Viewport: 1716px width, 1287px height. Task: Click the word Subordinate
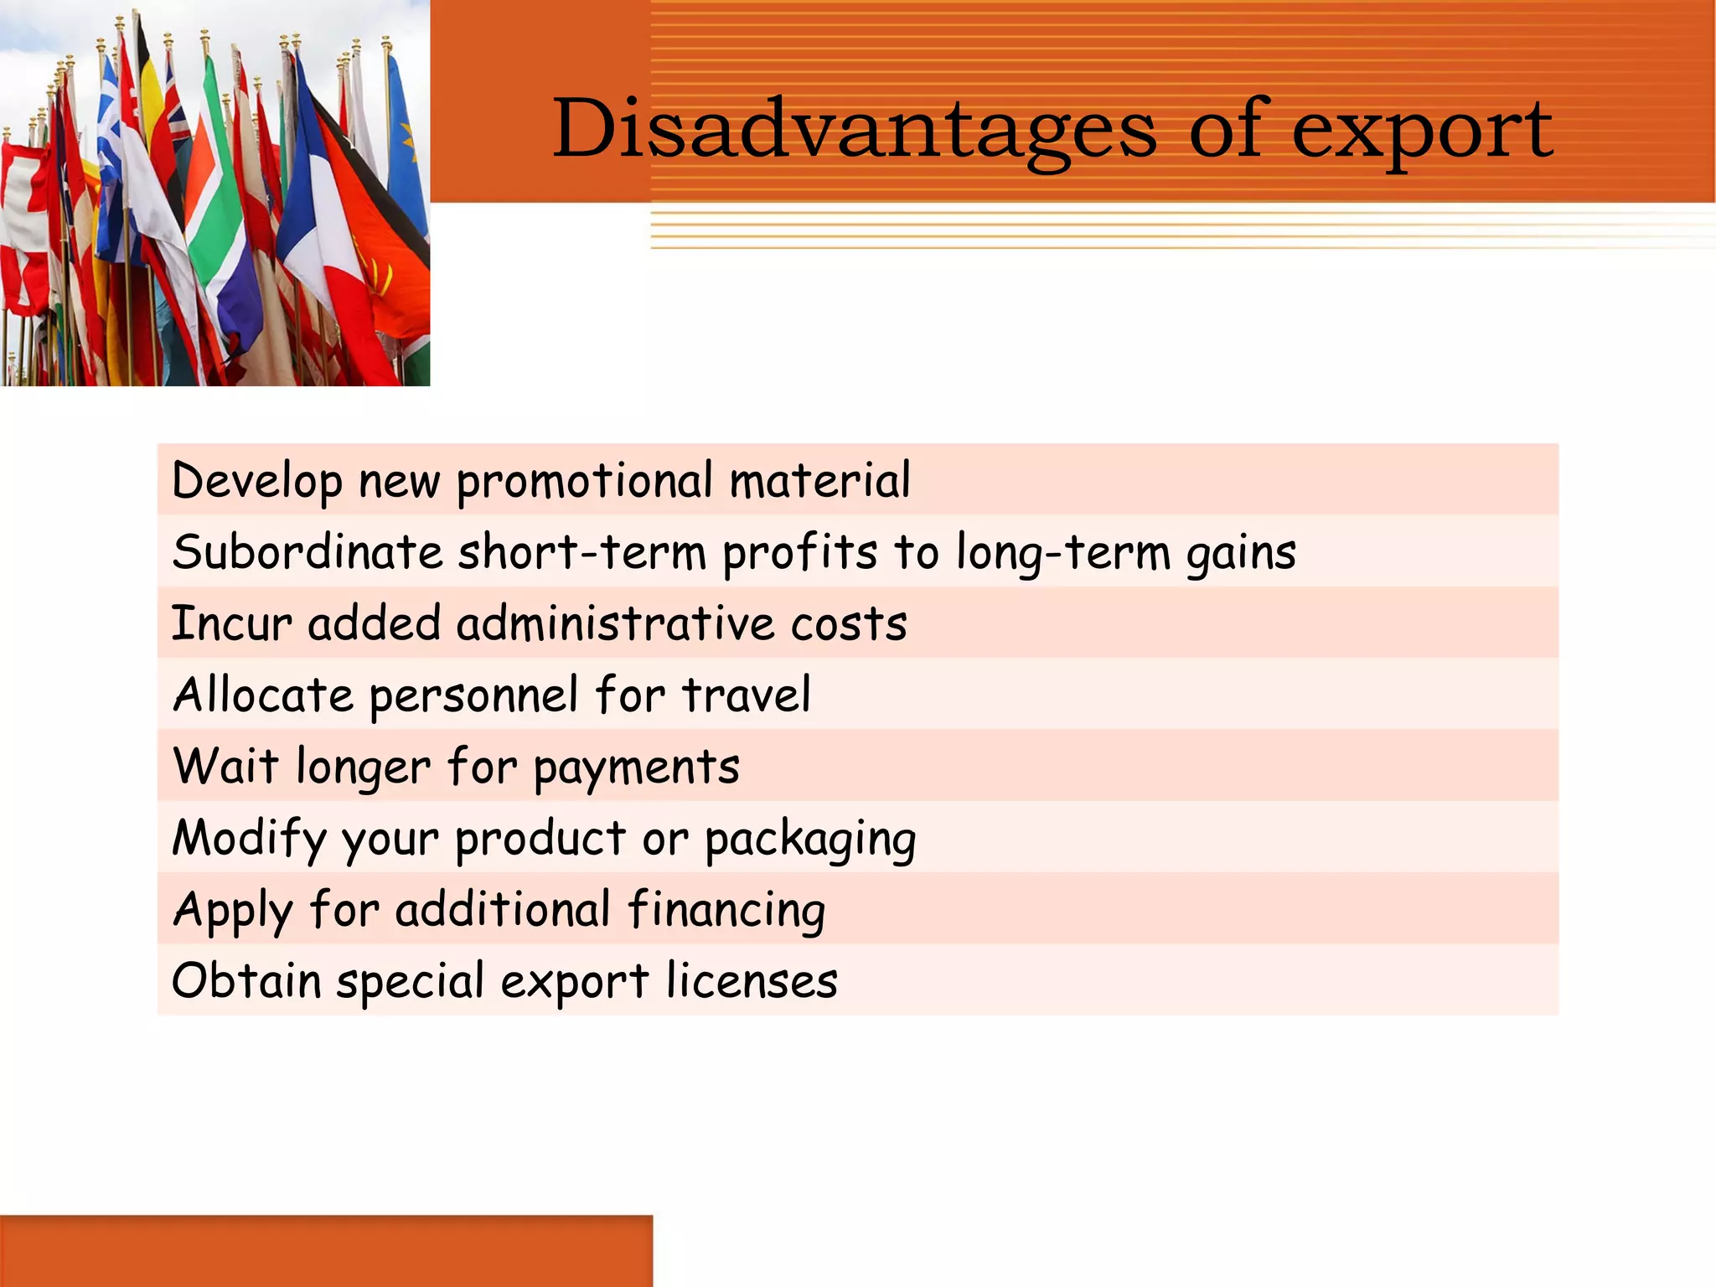pos(307,552)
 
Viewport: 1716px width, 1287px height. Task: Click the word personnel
pos(473,696)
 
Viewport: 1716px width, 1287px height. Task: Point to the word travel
pos(746,695)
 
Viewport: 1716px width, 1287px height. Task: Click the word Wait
pos(225,766)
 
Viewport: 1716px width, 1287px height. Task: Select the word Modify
pos(248,840)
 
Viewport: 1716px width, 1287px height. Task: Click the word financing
pos(726,911)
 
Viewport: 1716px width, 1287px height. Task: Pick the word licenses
pos(752,981)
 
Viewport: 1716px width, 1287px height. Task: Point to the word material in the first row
pos(819,481)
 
